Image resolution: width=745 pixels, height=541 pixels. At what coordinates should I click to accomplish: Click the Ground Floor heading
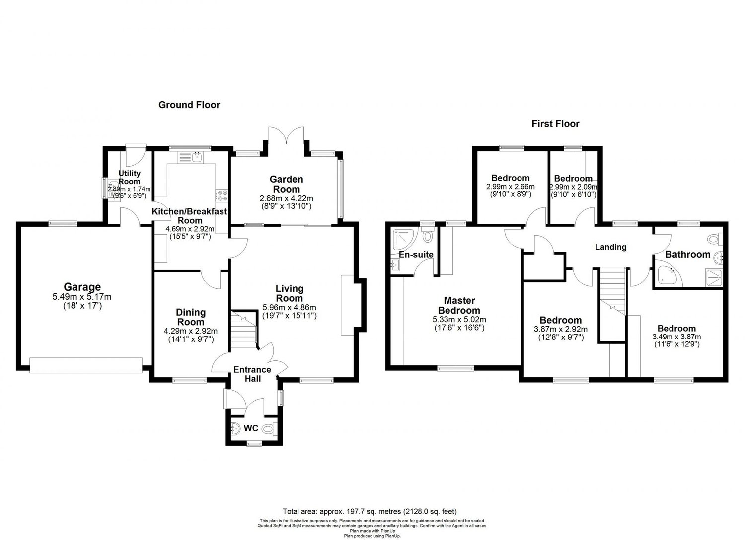pyautogui.click(x=189, y=105)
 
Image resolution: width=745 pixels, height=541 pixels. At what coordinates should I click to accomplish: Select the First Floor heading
pyautogui.click(x=555, y=124)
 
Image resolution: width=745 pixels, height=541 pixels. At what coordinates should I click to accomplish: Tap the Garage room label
pyautogui.click(x=82, y=287)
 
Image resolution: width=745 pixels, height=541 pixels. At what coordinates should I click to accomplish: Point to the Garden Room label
pyautogui.click(x=286, y=184)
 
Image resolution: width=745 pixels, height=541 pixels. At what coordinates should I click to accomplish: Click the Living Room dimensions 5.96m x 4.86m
pyautogui.click(x=290, y=307)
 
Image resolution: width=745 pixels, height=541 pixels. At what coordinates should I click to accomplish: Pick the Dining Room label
pyautogui.click(x=191, y=317)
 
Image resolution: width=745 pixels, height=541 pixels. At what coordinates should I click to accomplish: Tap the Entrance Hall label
pyautogui.click(x=252, y=374)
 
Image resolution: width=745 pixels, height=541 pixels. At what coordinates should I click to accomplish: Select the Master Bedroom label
pyautogui.click(x=459, y=305)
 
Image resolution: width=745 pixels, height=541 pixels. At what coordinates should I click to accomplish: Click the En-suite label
pyautogui.click(x=416, y=255)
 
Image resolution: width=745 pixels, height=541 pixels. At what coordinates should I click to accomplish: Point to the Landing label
pyautogui.click(x=610, y=247)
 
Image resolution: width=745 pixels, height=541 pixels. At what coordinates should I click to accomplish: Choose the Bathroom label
pyautogui.click(x=687, y=255)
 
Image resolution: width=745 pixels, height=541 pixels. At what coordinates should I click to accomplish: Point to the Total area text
pyautogui.click(x=370, y=511)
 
